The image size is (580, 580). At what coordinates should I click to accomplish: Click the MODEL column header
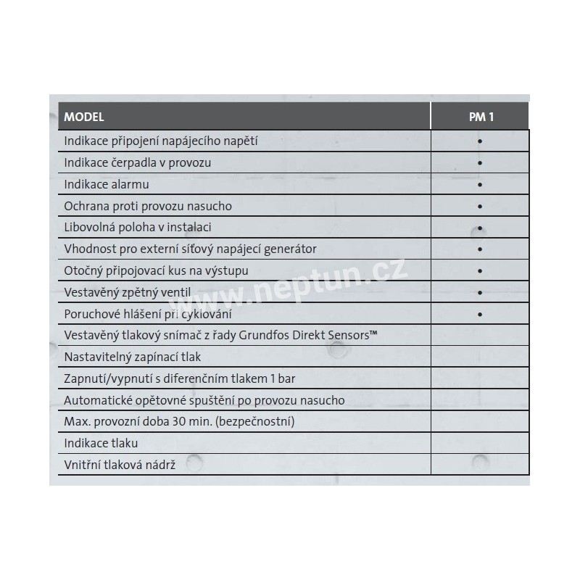[84, 117]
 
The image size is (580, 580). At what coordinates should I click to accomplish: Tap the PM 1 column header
[480, 117]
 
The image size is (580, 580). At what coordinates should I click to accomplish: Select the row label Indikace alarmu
[106, 184]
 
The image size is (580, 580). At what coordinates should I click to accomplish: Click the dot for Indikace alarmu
[480, 185]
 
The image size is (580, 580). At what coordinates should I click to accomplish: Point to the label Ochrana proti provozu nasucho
[148, 206]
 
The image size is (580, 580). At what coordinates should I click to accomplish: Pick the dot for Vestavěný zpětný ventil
[480, 293]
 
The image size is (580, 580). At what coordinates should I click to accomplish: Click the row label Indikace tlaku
[101, 443]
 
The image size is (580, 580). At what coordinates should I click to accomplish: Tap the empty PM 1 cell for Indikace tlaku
[480, 443]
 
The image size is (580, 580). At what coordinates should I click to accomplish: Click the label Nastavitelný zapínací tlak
[133, 357]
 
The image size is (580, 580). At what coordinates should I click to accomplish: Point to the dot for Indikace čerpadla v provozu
[480, 163]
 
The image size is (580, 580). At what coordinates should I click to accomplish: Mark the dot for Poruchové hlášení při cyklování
[480, 315]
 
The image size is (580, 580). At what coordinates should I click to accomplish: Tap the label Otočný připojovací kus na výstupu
[157, 271]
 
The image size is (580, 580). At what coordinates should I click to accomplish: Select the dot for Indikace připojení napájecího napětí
[480, 141]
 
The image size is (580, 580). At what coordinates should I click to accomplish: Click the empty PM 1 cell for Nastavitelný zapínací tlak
[480, 357]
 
